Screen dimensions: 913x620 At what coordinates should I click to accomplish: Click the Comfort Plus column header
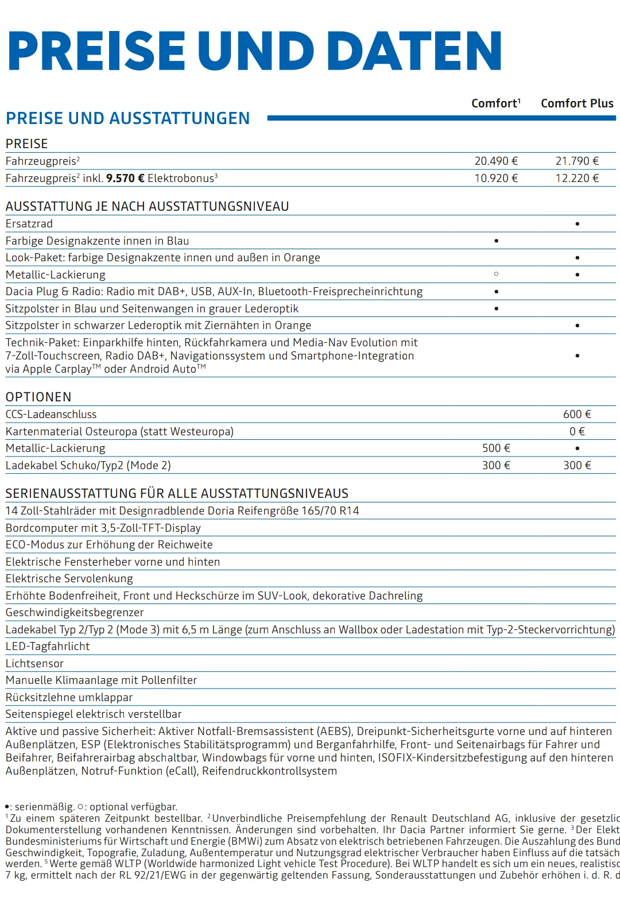[577, 103]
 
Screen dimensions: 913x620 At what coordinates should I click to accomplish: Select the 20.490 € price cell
[496, 161]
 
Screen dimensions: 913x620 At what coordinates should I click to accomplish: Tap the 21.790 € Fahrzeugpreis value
[577, 161]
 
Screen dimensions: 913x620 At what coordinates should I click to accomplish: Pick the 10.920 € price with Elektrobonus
[496, 179]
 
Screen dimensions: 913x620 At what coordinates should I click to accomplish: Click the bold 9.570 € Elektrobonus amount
[125, 179]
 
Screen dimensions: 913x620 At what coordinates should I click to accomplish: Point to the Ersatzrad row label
[29, 224]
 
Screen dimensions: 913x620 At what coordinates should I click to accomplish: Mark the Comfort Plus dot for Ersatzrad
[577, 224]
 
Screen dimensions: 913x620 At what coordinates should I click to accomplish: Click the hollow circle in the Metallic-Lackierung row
[496, 274]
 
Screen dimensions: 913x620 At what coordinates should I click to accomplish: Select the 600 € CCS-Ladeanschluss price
[577, 415]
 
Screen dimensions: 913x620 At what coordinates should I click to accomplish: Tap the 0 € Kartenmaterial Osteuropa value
[577, 432]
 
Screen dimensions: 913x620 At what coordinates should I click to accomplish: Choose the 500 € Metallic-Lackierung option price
[496, 448]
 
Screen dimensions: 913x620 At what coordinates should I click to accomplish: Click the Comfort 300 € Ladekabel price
[496, 466]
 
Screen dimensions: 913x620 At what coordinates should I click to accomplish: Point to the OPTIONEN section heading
[38, 397]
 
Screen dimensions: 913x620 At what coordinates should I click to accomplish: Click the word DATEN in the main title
[417, 52]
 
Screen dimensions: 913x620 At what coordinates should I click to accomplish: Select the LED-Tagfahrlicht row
[48, 647]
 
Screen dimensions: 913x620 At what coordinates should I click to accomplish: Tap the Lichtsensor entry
[34, 664]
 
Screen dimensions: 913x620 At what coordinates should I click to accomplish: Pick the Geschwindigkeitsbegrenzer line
[75, 613]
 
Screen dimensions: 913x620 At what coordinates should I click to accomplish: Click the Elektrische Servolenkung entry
[69, 579]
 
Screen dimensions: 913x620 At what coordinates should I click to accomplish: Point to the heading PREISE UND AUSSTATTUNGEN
[127, 119]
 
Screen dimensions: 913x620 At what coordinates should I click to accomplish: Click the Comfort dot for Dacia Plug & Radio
[496, 292]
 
